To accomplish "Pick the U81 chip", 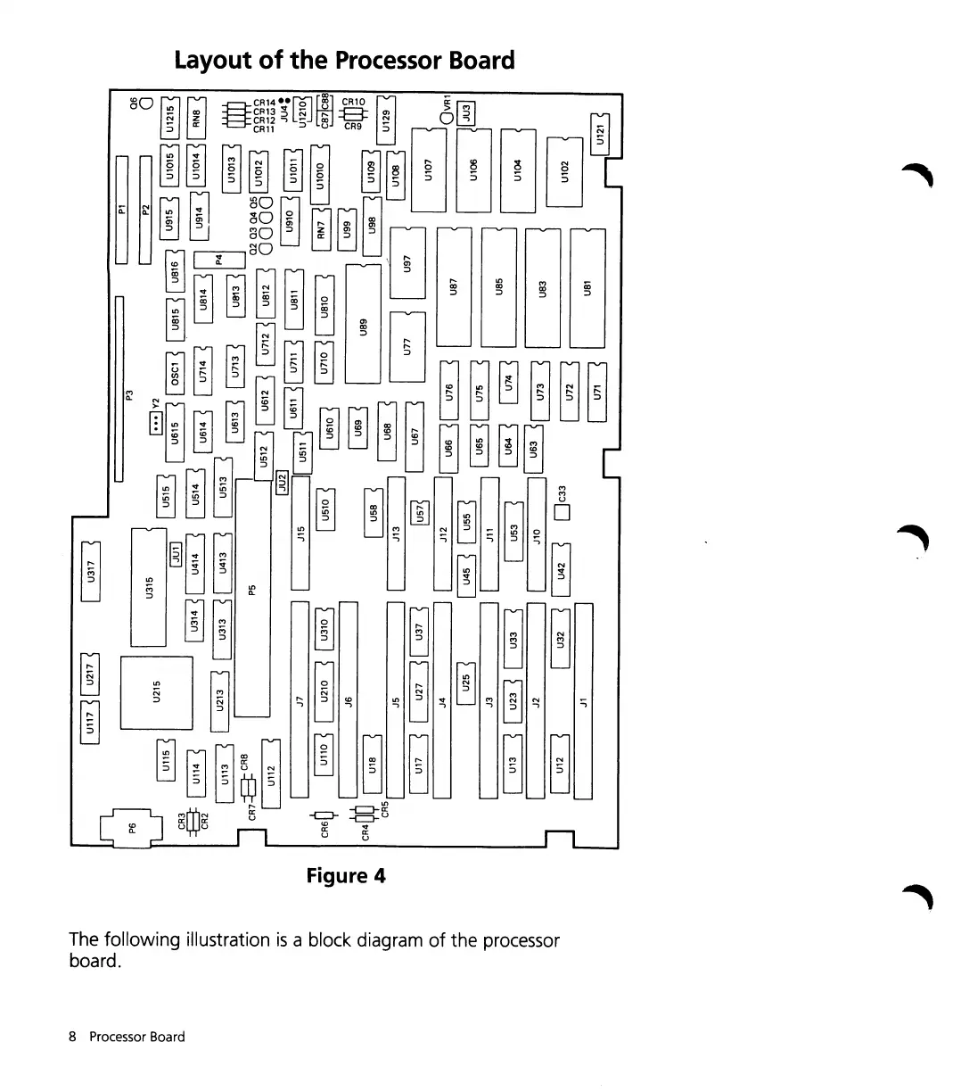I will pos(587,287).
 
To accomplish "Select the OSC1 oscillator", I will pos(176,368).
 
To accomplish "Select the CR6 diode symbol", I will pos(326,816).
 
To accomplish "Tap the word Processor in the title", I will pos(393,61).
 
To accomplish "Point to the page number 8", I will pos(73,1037).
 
